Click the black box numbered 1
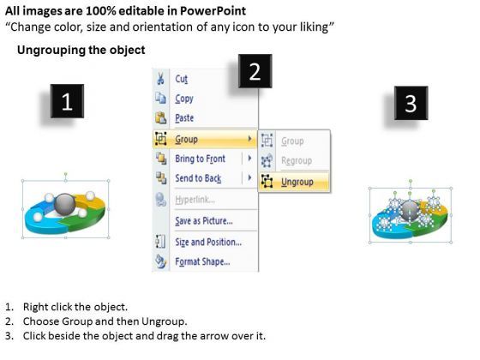67,101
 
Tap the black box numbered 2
255,71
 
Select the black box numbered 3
411,103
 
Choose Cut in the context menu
181,79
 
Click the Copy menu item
184,99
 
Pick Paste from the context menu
184,118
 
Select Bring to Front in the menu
200,159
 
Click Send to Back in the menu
198,178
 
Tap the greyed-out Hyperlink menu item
195,200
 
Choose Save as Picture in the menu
204,221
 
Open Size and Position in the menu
208,242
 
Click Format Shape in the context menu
202,261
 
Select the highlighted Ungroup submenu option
297,182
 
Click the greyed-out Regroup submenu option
297,161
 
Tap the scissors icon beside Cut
160,79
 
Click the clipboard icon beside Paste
161,118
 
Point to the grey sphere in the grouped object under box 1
64,204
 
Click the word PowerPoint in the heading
213,11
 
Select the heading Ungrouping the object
81,50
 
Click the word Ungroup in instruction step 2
164,321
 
